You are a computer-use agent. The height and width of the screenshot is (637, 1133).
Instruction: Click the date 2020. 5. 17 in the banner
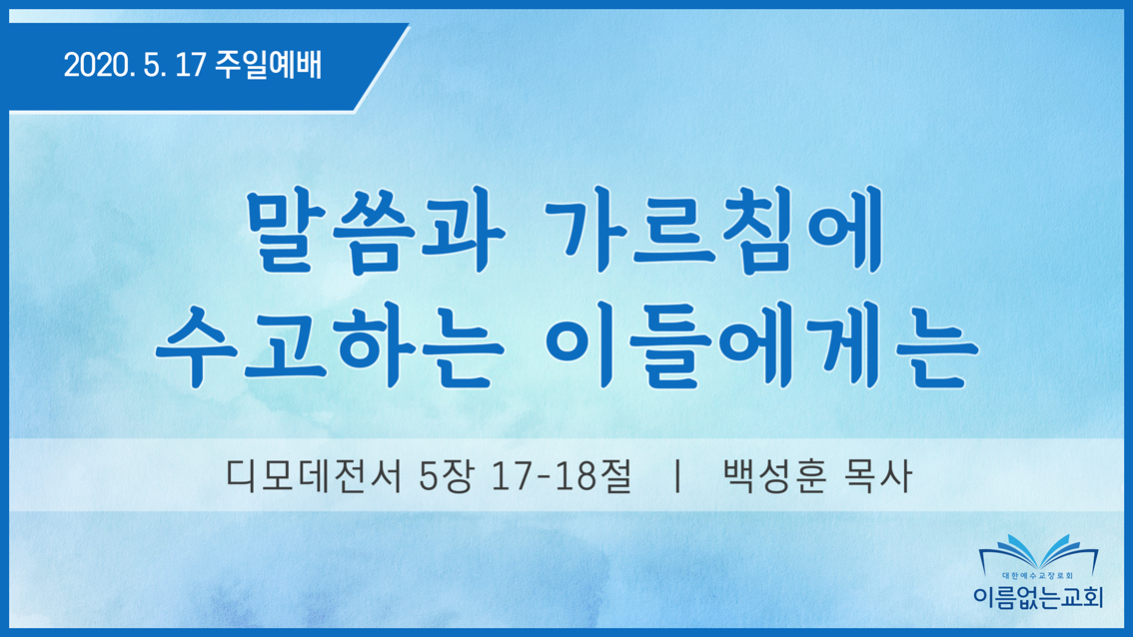tap(135, 66)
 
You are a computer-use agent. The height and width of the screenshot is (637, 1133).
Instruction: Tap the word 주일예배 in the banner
tap(268, 65)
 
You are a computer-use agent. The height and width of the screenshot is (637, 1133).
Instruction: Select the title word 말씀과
tap(375, 231)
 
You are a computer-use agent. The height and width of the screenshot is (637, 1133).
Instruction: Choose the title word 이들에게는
tap(761, 346)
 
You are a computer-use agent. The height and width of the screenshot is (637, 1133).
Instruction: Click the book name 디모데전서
tap(314, 476)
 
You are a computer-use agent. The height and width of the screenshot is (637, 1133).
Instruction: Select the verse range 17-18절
tap(561, 476)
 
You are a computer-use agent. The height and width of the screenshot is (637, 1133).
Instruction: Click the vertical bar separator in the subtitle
tap(677, 476)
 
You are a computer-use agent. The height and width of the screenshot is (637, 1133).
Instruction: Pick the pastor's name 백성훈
tap(774, 476)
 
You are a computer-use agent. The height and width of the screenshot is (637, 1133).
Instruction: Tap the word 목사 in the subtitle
tap(878, 476)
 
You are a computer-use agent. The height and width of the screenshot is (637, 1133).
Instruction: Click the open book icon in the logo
tap(1038, 552)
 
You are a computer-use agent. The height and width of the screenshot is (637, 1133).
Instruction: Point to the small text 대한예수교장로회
tap(1038, 576)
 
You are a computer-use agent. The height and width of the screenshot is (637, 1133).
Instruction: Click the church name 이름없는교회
tap(1038, 596)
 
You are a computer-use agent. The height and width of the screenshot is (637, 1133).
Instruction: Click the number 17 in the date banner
tap(191, 66)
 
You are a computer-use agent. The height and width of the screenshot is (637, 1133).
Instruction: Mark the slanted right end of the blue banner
tap(382, 68)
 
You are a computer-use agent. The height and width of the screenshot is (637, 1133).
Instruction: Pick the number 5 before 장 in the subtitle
tap(429, 476)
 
